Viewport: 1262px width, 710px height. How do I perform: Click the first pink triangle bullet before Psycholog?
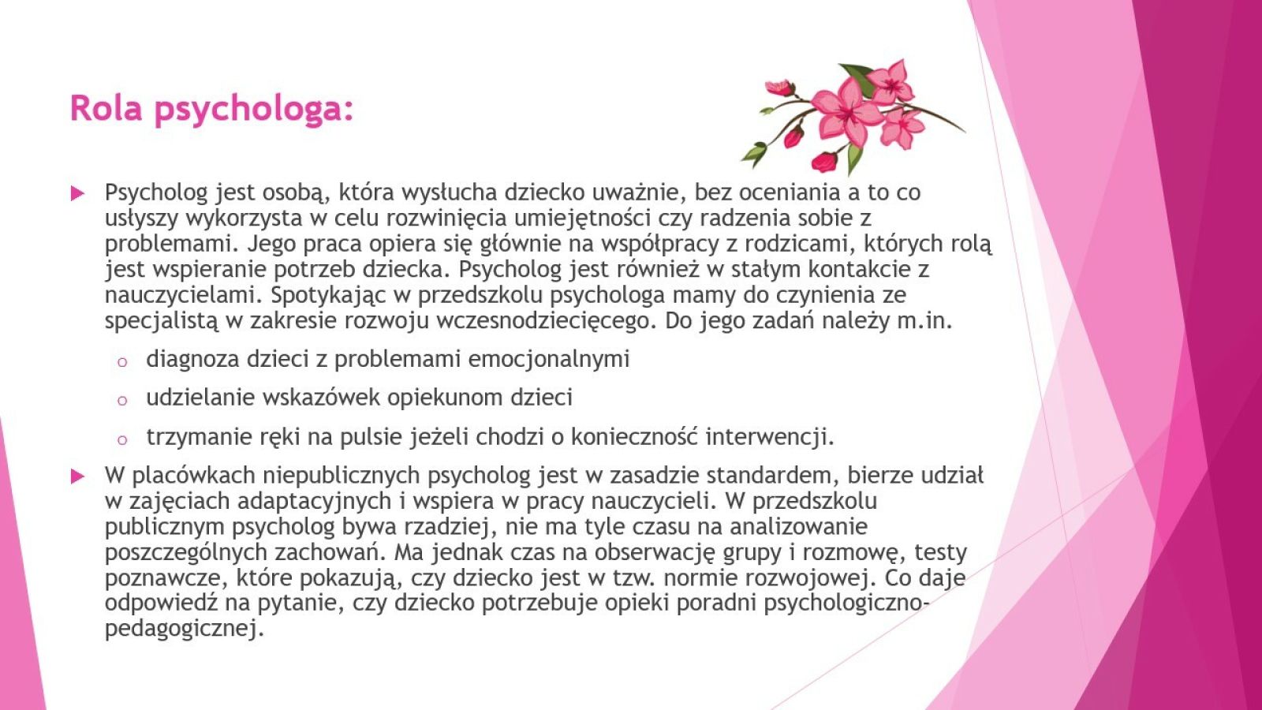point(78,194)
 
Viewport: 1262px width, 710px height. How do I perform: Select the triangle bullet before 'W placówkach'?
point(78,476)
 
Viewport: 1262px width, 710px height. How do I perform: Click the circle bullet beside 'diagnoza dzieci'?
point(121,362)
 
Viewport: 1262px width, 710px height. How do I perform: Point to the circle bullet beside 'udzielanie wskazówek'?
point(121,402)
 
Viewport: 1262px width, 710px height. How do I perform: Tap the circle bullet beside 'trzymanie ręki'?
point(121,440)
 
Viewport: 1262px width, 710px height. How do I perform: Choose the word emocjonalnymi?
point(549,360)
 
